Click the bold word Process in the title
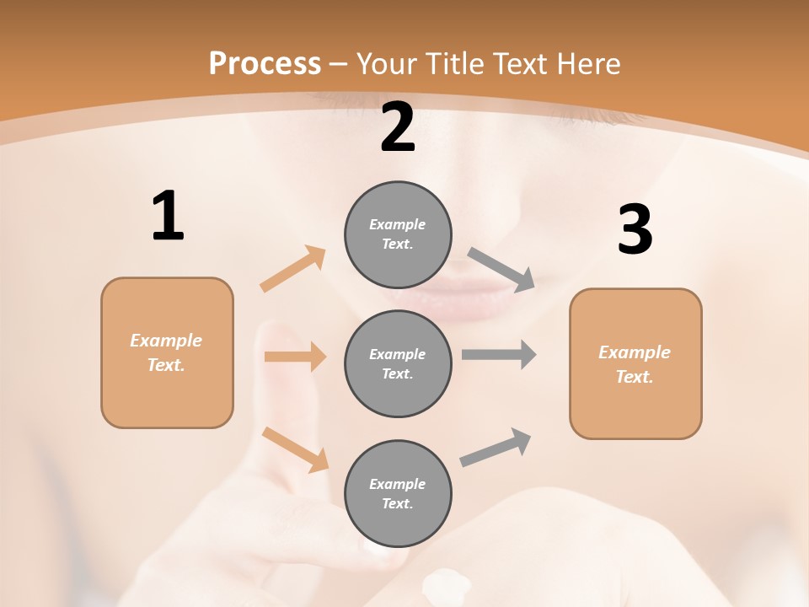(x=265, y=64)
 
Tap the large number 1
(x=168, y=217)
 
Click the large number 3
(x=635, y=230)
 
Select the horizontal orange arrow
(x=295, y=357)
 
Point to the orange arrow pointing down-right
(x=296, y=449)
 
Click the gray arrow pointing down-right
(x=502, y=270)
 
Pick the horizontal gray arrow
(x=499, y=355)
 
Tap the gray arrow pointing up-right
(x=496, y=447)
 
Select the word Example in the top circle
(x=398, y=224)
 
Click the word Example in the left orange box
(x=166, y=341)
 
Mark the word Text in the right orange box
(x=633, y=377)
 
